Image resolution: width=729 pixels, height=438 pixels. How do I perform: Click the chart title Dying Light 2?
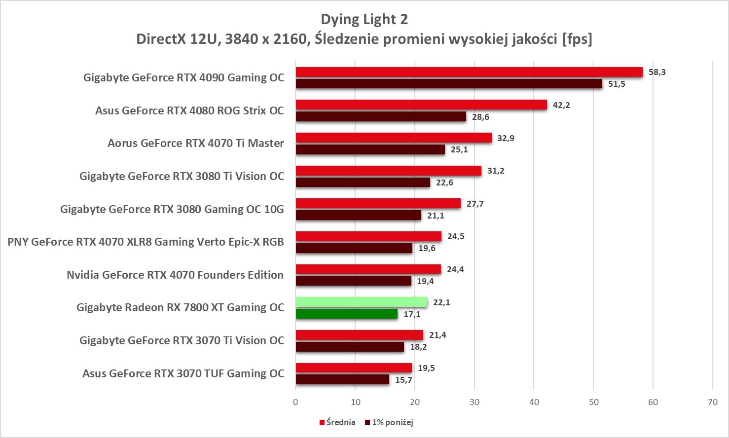click(364, 19)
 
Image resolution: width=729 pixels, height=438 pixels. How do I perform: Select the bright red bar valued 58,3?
click(469, 72)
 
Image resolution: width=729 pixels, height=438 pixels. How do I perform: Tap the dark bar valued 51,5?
click(449, 84)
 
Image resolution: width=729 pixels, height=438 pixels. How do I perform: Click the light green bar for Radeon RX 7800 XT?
click(361, 302)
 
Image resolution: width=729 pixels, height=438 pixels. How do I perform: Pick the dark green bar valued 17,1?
click(346, 314)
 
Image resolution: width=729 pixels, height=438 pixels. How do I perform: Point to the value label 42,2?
click(561, 105)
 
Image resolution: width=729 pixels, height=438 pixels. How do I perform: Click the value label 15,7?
click(403, 380)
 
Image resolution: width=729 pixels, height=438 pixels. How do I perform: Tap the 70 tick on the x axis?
click(713, 402)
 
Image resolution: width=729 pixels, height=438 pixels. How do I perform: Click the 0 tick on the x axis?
click(295, 402)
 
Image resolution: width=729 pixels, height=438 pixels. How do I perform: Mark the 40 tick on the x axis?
click(534, 402)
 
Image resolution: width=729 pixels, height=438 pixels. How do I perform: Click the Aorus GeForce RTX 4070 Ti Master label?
click(196, 143)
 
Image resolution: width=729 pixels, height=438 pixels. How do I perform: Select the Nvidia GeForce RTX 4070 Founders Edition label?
click(175, 275)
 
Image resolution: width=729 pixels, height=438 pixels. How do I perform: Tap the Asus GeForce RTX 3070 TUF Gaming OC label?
click(183, 373)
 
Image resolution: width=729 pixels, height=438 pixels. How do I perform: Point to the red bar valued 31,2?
click(388, 171)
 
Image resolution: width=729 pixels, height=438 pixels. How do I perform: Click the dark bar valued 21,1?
click(358, 215)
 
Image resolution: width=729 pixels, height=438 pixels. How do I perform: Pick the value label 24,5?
click(456, 236)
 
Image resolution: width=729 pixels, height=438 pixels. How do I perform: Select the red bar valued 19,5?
click(353, 368)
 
